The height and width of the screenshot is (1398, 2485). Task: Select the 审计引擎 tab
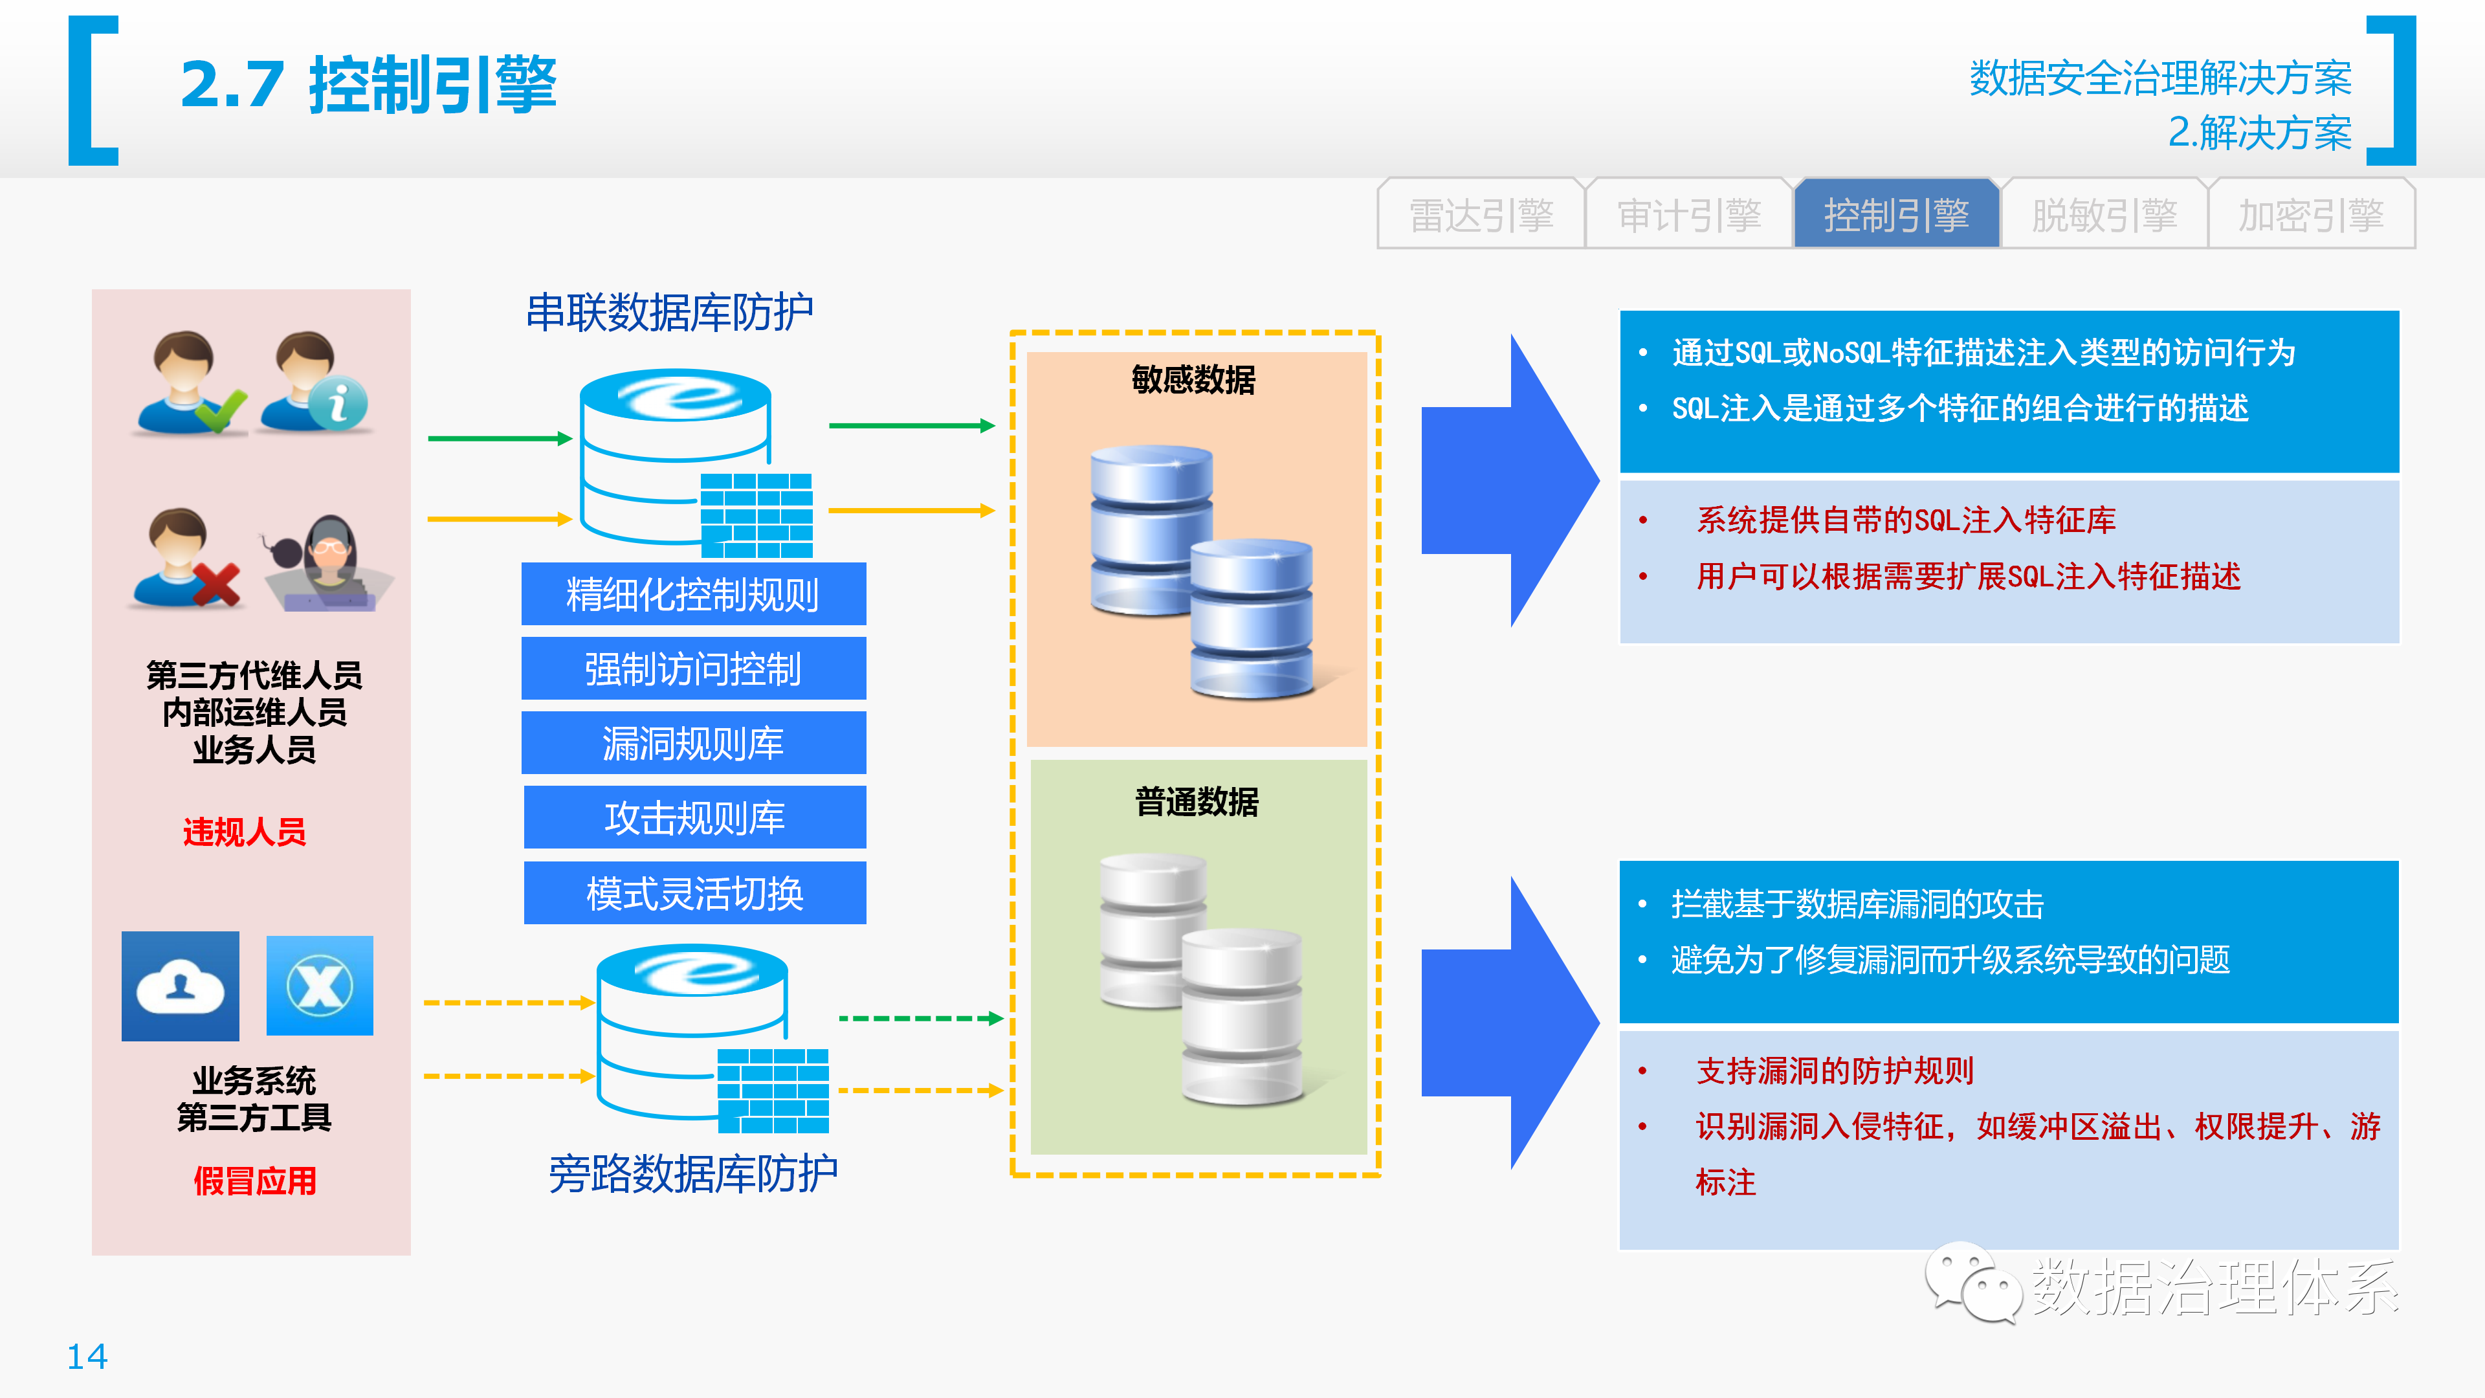click(x=1689, y=214)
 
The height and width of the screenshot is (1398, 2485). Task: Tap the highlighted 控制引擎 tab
click(x=1897, y=214)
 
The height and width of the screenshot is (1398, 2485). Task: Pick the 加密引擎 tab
click(x=2312, y=214)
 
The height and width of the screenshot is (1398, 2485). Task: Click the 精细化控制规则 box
click(x=694, y=594)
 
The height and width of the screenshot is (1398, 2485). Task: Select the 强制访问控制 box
click(x=694, y=669)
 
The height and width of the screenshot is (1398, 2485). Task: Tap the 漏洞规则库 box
click(x=694, y=743)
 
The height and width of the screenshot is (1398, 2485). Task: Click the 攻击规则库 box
click(x=694, y=817)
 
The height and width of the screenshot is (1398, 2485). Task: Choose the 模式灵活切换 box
click(x=694, y=893)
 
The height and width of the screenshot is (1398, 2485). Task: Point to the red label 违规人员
click(x=245, y=832)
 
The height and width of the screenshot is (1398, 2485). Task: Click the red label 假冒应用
click(x=255, y=1181)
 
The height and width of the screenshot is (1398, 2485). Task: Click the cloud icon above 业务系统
click(x=181, y=986)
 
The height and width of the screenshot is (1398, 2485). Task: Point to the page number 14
click(x=87, y=1357)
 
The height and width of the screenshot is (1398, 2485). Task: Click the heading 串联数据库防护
click(x=670, y=313)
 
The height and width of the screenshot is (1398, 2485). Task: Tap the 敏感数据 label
click(x=1194, y=379)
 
